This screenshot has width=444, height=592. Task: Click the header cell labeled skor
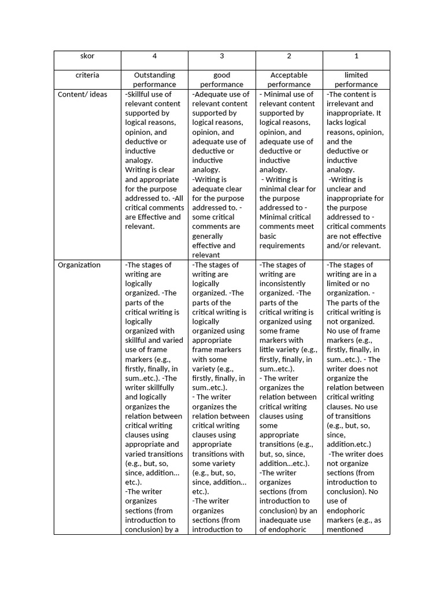point(87,56)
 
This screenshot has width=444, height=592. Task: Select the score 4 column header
point(154,56)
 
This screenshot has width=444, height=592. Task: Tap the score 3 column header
point(222,56)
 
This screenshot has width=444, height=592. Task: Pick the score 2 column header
point(289,56)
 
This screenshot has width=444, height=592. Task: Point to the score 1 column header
point(356,56)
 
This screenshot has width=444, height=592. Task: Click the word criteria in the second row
point(87,75)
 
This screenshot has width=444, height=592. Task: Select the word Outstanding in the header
point(154,75)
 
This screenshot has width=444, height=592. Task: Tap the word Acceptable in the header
point(289,75)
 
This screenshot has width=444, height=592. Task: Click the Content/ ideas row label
point(83,94)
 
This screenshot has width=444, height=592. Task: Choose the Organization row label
point(79,265)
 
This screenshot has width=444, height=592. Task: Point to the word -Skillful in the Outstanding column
point(139,94)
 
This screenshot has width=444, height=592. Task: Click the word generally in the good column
point(208,236)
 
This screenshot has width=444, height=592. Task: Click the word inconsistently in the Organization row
point(283,284)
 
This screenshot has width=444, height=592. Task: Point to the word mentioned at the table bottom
point(345,529)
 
